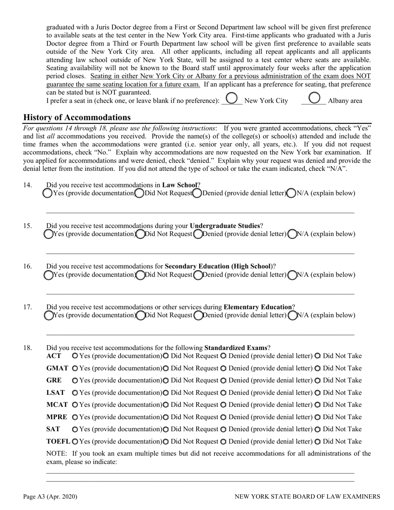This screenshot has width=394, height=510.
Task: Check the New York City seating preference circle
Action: [231, 98]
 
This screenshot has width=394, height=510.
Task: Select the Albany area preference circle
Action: [315, 98]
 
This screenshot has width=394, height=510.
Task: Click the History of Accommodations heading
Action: [77, 117]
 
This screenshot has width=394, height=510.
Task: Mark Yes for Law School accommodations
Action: [48, 193]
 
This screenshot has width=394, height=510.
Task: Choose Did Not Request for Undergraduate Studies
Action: [140, 234]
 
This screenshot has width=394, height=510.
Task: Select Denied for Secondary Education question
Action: [198, 275]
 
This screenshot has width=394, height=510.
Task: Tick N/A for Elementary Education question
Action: [292, 316]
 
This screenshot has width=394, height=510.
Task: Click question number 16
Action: [27, 266]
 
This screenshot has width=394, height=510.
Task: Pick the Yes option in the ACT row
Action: [75, 356]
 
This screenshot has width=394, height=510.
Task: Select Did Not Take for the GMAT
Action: [317, 368]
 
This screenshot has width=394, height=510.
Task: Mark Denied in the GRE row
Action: [223, 380]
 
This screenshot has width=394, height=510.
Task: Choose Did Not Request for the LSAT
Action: [165, 393]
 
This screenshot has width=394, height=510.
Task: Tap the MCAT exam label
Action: [57, 405]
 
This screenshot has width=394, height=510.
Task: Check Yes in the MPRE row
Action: [75, 417]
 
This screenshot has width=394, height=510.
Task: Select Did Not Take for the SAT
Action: [317, 429]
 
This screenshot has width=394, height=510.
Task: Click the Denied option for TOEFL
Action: [223, 442]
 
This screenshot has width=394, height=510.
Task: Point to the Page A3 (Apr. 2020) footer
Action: [50, 496]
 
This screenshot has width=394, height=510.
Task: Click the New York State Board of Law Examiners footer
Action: [307, 496]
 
